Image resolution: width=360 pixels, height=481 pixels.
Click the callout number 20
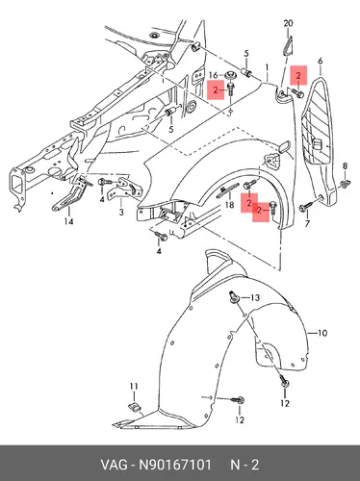coord(288,23)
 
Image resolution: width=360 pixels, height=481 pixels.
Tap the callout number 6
coord(320,61)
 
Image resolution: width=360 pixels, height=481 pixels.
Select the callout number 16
coord(214,75)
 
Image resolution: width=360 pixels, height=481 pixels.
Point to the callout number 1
coord(267,67)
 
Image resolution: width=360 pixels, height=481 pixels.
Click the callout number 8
coord(345,165)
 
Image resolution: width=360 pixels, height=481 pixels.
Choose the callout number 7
coord(307,223)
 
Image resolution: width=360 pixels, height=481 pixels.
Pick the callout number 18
coord(229,204)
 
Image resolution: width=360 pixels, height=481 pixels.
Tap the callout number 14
coord(68,221)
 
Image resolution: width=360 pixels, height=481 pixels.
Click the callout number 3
coord(121,212)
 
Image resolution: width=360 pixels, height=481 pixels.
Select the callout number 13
coord(255,298)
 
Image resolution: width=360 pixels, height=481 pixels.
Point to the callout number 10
coord(322,333)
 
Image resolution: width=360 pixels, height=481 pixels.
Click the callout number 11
coord(134,386)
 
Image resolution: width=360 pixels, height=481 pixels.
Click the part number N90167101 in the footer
coord(174,465)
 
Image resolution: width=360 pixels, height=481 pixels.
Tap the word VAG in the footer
coord(115,465)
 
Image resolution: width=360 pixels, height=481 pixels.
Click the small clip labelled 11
coord(134,407)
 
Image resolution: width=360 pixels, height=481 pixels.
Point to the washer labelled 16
coord(229,75)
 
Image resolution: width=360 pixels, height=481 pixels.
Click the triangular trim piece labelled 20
coord(288,46)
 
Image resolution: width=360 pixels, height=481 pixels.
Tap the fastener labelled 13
coord(233,297)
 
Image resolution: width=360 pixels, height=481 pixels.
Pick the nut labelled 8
coord(346,184)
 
